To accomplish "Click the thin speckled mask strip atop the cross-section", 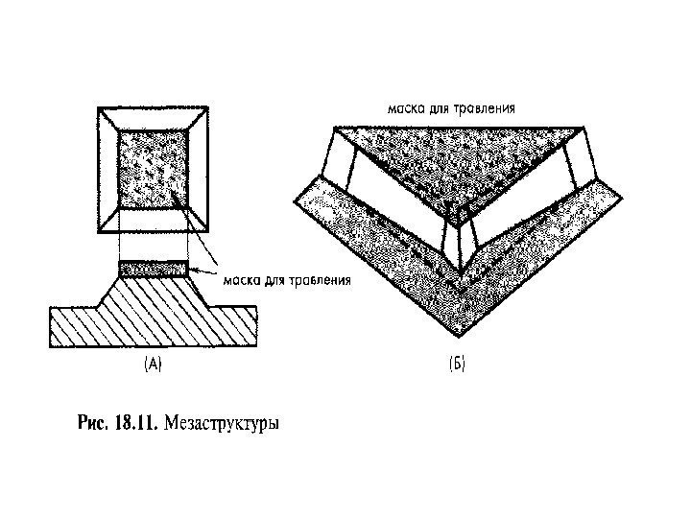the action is point(153,270).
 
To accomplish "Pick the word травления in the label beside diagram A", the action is point(321,280).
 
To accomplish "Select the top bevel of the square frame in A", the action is point(154,119).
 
